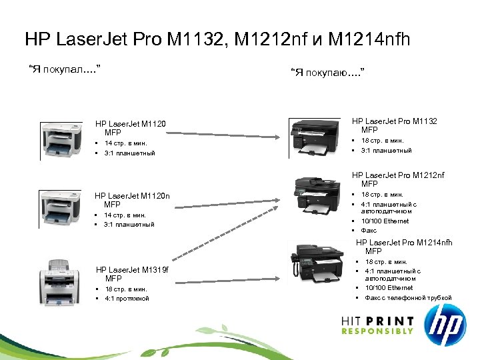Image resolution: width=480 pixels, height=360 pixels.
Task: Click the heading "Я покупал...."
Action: click(x=64, y=69)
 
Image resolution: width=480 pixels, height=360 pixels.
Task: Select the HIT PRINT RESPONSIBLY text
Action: click(x=377, y=325)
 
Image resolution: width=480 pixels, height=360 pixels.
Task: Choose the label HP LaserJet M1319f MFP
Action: click(x=132, y=274)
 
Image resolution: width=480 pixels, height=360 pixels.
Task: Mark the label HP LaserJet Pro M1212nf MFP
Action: click(x=398, y=179)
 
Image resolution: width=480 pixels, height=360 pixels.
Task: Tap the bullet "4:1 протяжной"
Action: click(x=127, y=298)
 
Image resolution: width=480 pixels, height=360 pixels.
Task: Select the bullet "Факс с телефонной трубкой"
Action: click(x=407, y=297)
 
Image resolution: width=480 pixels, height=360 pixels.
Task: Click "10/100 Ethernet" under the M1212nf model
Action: click(x=385, y=221)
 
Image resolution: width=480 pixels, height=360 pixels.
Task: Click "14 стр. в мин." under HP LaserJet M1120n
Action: click(x=125, y=215)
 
